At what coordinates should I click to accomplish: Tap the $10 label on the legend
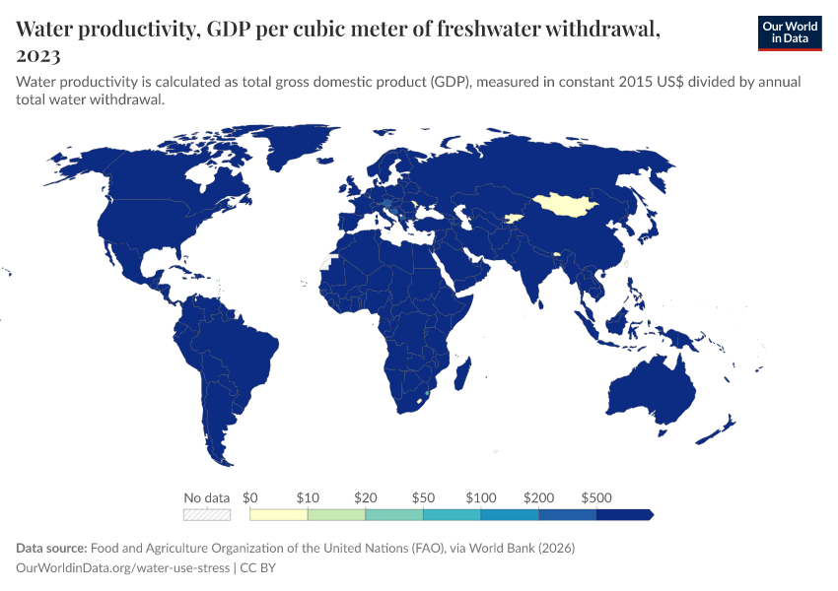[x=309, y=497]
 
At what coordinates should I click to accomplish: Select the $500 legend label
[x=597, y=497]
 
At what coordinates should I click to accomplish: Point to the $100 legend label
[x=481, y=497]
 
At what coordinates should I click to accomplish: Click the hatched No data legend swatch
[x=207, y=514]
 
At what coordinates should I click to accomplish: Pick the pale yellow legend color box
[x=279, y=514]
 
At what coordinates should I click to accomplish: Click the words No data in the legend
[x=207, y=497]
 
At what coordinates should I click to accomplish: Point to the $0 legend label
[x=249, y=497]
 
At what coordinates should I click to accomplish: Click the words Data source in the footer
[x=51, y=548]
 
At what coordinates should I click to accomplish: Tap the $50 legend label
[x=424, y=497]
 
